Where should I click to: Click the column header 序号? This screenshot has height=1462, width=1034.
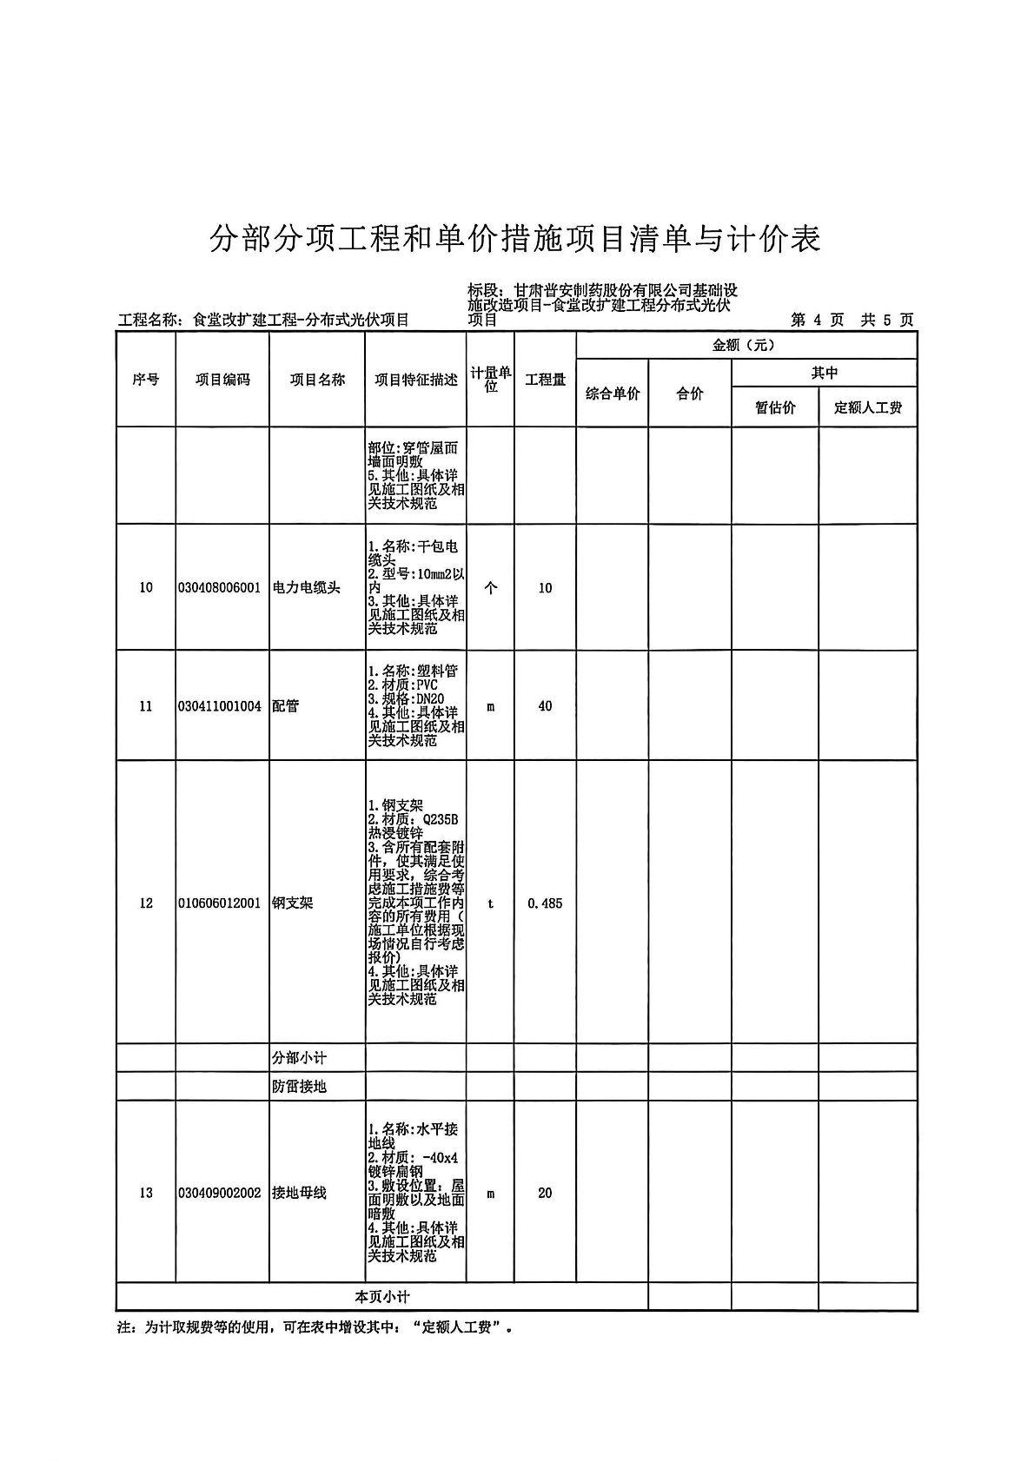[x=146, y=380]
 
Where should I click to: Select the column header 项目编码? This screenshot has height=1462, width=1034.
[x=222, y=380]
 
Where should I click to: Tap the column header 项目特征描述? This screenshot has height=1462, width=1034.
[x=415, y=380]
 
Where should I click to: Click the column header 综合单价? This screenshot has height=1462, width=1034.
[x=612, y=394]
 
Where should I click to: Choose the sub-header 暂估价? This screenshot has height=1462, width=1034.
[x=775, y=407]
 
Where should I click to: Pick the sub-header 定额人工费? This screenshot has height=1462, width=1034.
[x=867, y=407]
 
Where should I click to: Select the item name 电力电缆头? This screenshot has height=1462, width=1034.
[x=306, y=588]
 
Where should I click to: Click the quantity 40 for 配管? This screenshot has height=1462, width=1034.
[x=545, y=706]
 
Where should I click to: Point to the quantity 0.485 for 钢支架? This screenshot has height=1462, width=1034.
[x=545, y=903]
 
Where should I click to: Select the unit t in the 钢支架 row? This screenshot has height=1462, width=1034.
[x=490, y=903]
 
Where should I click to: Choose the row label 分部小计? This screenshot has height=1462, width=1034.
[x=299, y=1058]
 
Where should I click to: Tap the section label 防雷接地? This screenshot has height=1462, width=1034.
[x=299, y=1087]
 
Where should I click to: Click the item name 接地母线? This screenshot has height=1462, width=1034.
[x=299, y=1194]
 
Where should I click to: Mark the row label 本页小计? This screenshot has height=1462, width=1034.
[x=381, y=1297]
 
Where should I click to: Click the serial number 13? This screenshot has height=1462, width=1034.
[x=146, y=1194]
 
